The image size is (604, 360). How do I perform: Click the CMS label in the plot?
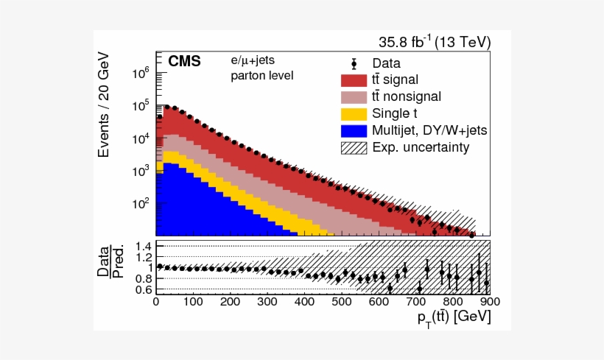point(184,62)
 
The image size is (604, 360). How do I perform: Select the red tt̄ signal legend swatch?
point(353,80)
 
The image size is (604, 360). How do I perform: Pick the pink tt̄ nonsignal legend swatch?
point(353,96)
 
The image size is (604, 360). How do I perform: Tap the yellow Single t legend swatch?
point(353,113)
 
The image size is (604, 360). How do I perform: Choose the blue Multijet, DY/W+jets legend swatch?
point(353,130)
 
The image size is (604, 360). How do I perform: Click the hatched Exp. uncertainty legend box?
point(353,147)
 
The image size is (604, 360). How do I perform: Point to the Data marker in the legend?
point(353,63)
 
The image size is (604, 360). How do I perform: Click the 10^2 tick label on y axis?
point(141,203)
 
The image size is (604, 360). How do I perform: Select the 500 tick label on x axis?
point(341,301)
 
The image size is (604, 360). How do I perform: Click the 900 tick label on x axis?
point(490,301)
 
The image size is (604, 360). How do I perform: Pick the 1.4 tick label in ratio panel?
point(142,246)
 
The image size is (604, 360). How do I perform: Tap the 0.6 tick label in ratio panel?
point(142,290)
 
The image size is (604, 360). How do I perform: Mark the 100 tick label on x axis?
point(192,301)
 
